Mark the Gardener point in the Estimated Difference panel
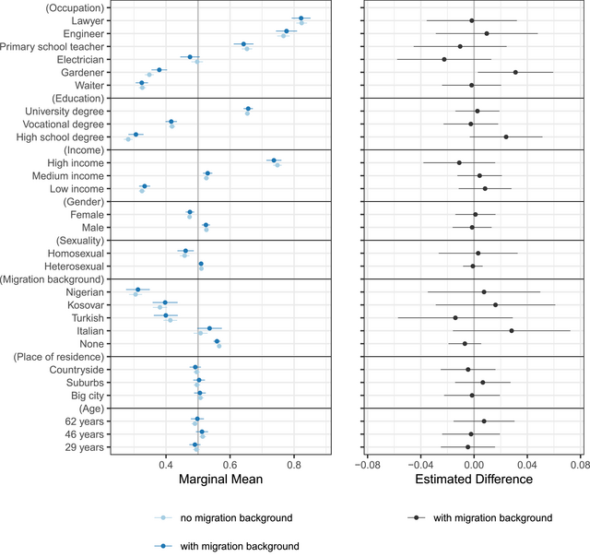pyautogui.click(x=515, y=72)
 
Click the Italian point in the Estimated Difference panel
pyautogui.click(x=512, y=330)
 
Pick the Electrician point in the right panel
pyautogui.click(x=444, y=59)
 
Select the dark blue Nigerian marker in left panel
pyautogui.click(x=138, y=290)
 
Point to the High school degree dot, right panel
pyautogui.click(x=506, y=136)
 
